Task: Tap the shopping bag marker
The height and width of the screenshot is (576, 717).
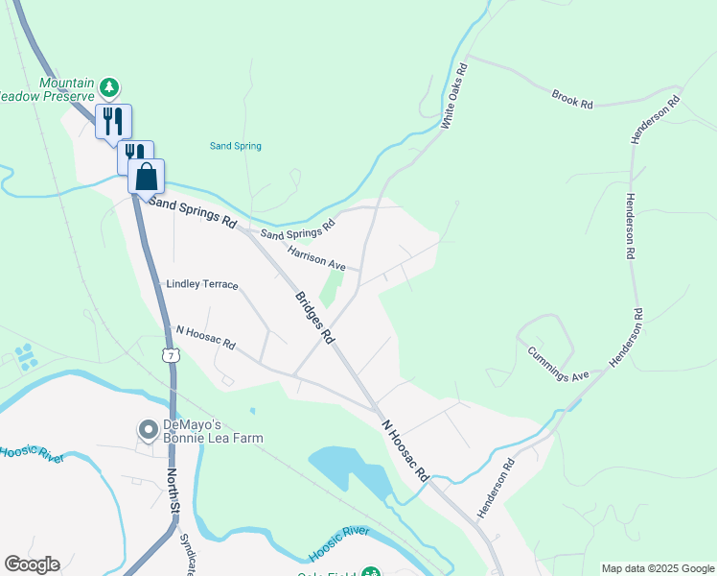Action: pos(146,177)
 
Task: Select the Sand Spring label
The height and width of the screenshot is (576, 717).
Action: pos(235,146)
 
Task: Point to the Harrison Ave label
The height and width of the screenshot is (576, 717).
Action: pos(316,256)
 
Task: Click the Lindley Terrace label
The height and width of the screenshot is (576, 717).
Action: pos(201,285)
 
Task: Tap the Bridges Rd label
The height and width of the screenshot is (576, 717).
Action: pos(313,318)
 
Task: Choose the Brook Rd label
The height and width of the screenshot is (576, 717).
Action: pos(573,100)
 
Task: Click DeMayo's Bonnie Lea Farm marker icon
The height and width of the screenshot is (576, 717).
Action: pos(147,428)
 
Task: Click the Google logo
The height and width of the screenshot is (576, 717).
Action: pos(32,564)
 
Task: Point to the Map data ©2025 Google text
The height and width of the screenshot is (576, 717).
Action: pos(658,568)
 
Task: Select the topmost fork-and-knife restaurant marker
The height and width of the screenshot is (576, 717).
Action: pos(113,121)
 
